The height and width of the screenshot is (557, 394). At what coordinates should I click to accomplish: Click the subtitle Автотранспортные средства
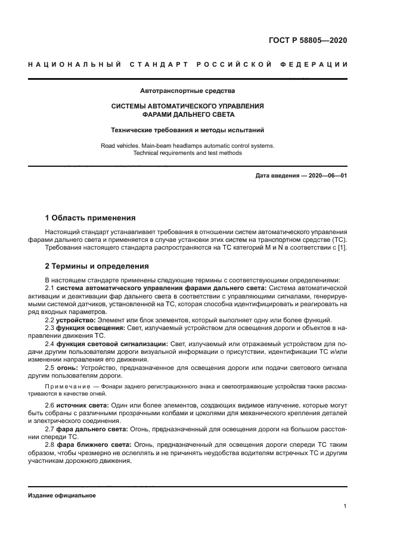pyautogui.click(x=187, y=91)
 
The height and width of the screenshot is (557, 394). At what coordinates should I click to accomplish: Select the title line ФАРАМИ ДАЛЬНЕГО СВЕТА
pyautogui.click(x=188, y=114)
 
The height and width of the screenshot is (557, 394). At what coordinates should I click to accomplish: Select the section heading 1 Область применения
pyautogui.click(x=90, y=217)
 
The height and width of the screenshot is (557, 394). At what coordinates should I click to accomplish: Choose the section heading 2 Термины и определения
pyautogui.click(x=97, y=266)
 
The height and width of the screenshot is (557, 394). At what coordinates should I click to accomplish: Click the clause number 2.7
pyautogui.click(x=51, y=429)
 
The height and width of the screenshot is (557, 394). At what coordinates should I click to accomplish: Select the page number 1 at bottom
pyautogui.click(x=345, y=506)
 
